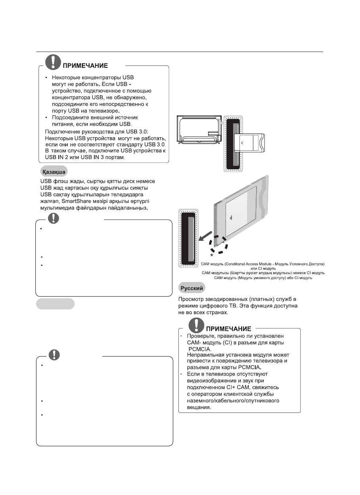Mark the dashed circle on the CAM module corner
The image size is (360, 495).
[x=218, y=243]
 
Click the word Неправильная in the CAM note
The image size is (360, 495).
[x=206, y=355]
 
